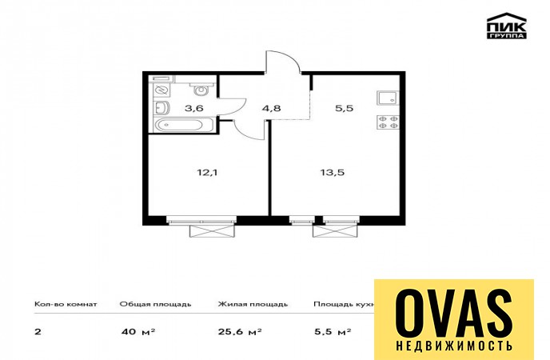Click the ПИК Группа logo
click(507, 26)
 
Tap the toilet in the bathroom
click(201, 89)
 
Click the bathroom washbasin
click(162, 108)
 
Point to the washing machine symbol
click(161, 90)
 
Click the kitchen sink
click(388, 98)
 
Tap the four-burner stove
click(388, 122)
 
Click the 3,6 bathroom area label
click(194, 108)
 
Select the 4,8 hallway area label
click(271, 108)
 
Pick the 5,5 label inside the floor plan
click(344, 108)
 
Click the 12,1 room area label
click(207, 172)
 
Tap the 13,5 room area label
click(332, 172)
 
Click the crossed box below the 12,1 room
click(211, 231)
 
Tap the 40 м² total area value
click(138, 331)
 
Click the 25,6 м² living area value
click(240, 331)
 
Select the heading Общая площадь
click(155, 304)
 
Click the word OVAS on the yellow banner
click(454, 314)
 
